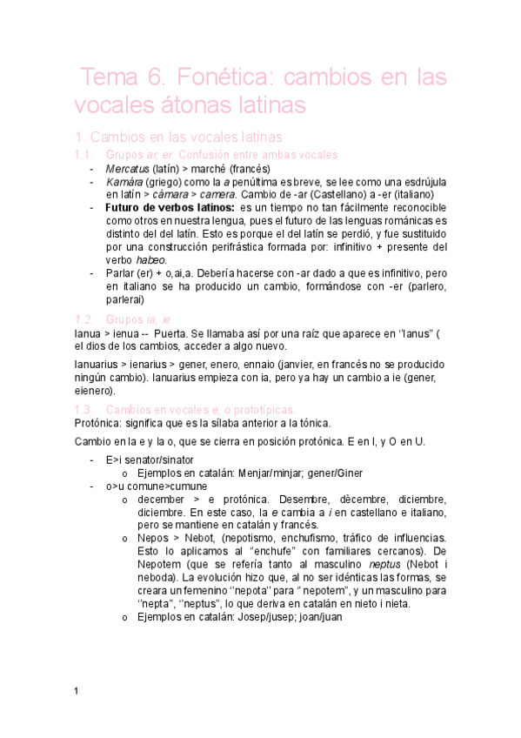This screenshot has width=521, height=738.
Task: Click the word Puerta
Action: tap(170, 335)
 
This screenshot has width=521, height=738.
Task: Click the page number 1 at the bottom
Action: tap(77, 690)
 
